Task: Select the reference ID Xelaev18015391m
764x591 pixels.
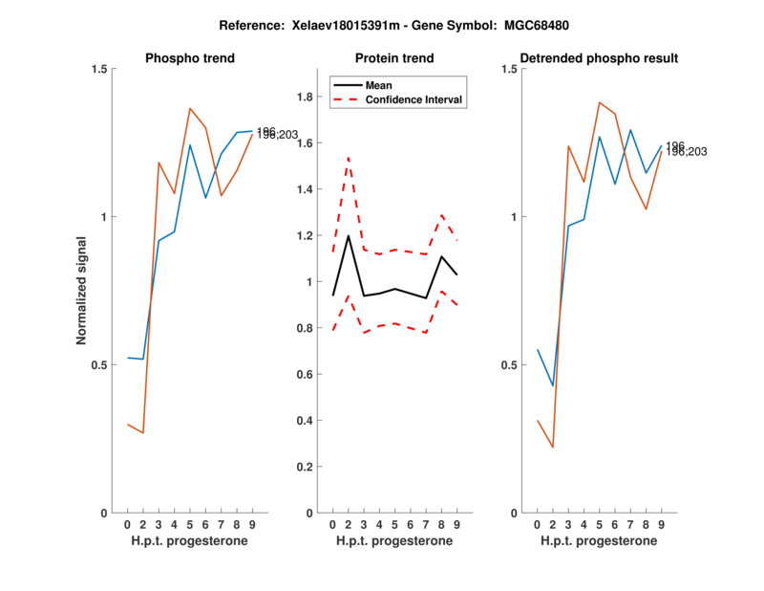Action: point(361,23)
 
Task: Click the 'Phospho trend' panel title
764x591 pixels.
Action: point(190,58)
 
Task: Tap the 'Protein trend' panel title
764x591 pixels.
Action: point(394,58)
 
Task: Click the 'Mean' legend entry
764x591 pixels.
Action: point(379,84)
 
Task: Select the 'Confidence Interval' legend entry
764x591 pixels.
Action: point(414,99)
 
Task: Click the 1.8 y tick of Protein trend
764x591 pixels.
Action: point(306,97)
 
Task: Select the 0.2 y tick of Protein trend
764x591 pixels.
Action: point(306,467)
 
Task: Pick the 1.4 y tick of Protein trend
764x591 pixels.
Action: point(306,189)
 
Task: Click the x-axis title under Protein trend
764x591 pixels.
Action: point(394,541)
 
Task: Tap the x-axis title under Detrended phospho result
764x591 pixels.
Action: point(600,541)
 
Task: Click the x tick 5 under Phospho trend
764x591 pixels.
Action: point(190,524)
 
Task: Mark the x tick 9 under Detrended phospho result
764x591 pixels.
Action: point(662,524)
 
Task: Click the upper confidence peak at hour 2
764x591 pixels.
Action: point(349,157)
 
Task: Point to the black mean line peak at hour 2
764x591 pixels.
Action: point(349,235)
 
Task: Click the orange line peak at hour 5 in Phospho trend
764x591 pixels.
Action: point(190,108)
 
